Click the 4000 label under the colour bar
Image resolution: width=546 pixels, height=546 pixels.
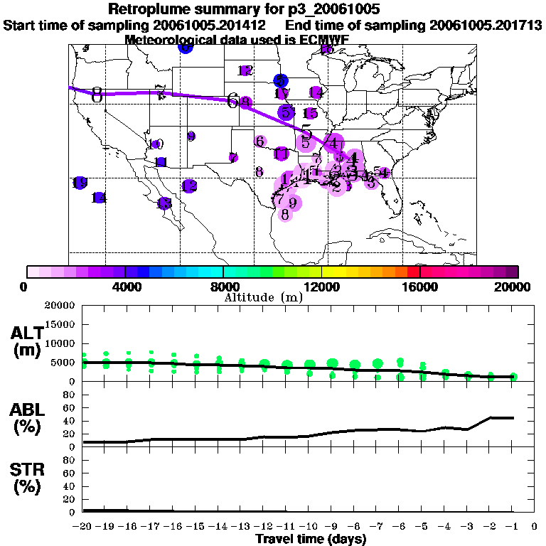tap(125, 287)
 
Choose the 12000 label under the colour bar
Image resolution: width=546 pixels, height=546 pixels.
tap(321, 287)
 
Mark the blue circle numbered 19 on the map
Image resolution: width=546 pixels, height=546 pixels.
tap(80, 183)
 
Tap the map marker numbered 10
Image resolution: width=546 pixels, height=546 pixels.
tap(157, 144)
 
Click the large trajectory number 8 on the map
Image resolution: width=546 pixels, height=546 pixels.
tap(97, 95)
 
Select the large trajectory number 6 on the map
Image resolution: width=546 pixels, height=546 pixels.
tap(232, 101)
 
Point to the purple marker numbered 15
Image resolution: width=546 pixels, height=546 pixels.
tap(310, 114)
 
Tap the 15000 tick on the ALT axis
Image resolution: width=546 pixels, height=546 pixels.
tap(60, 324)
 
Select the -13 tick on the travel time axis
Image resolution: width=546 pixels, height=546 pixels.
tap(242, 526)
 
